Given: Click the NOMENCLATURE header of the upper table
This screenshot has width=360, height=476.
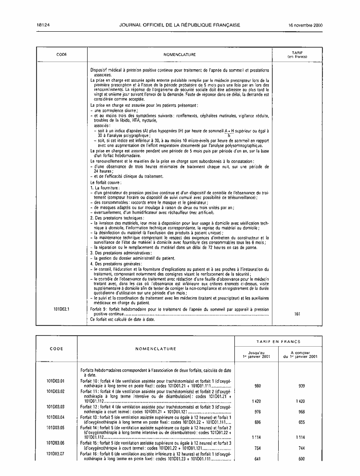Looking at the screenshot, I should point(180,55).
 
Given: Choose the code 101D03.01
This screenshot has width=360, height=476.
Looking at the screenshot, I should point(56,380).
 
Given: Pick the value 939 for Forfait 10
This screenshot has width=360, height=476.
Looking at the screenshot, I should point(302,385).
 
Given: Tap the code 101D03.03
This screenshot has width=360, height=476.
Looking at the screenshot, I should point(56,406).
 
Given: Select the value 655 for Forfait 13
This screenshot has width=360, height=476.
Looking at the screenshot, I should point(302,422).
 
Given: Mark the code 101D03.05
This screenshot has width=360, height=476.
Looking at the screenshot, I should point(56,427).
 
